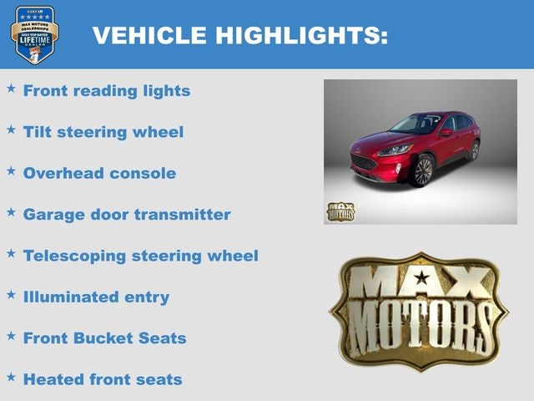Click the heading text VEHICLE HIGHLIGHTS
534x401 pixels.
(x=240, y=36)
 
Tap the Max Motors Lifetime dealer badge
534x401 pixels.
(x=34, y=34)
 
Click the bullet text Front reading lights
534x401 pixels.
(x=107, y=90)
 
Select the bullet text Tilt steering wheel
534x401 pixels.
(x=103, y=132)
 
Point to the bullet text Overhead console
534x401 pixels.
(x=99, y=174)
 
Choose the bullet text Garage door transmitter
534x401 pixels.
(x=127, y=214)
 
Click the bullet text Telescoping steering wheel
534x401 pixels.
(x=141, y=256)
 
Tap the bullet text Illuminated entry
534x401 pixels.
(x=96, y=297)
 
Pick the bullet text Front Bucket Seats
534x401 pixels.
(x=104, y=338)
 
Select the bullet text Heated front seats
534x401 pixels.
(x=103, y=379)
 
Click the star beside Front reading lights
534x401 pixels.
(x=11, y=88)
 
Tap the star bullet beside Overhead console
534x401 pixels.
(x=11, y=170)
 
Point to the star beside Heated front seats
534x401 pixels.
(x=11, y=377)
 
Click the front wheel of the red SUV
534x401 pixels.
(x=422, y=170)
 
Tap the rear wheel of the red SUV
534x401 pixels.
(x=473, y=151)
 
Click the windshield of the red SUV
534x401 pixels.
(x=416, y=124)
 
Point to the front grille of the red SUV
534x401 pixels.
(x=364, y=162)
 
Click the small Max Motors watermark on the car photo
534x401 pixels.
(x=340, y=211)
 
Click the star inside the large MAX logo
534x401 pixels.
(x=422, y=278)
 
